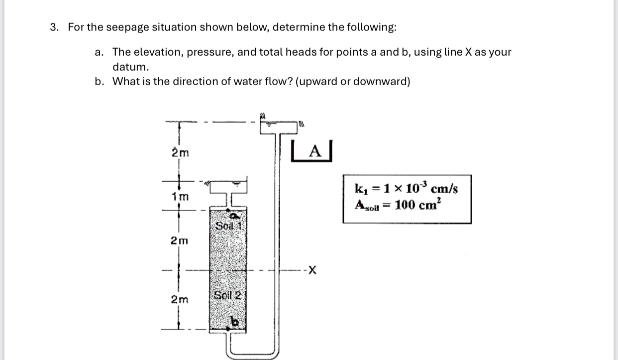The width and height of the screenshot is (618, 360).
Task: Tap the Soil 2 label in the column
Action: (227, 294)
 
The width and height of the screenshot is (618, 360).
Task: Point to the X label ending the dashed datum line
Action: (312, 271)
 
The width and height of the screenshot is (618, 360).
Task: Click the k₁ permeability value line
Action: (406, 189)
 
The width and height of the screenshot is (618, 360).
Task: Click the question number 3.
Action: (53, 27)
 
